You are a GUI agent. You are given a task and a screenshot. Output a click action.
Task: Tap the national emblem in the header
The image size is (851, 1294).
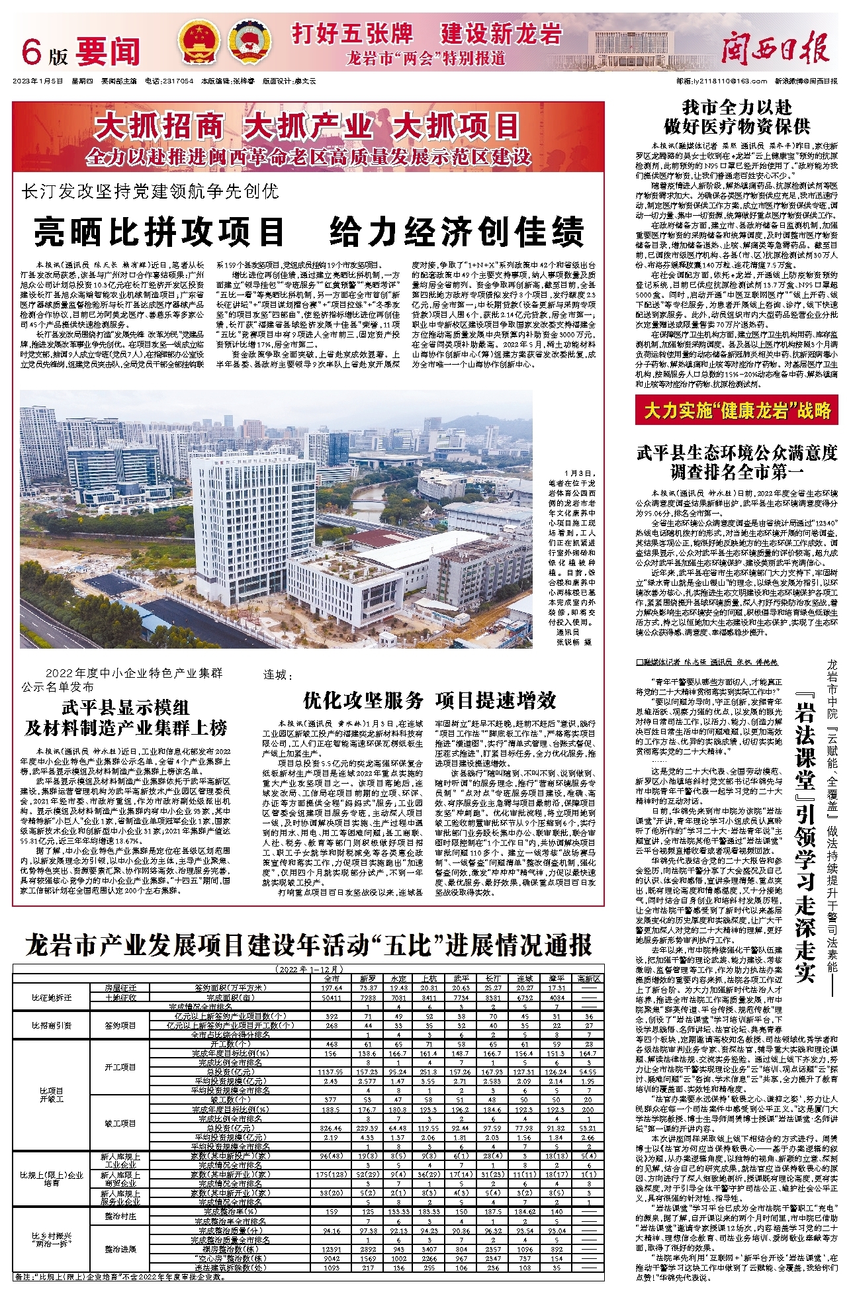[x=201, y=42]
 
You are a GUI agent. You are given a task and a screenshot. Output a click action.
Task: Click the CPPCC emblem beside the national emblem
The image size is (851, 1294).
[x=247, y=42]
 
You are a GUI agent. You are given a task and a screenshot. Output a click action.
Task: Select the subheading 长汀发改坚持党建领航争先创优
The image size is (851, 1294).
[x=150, y=192]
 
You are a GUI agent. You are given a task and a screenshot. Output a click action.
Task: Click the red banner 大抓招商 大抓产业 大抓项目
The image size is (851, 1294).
[x=308, y=126]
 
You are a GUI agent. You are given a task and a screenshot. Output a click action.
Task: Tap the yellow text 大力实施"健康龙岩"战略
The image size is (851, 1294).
[x=737, y=411]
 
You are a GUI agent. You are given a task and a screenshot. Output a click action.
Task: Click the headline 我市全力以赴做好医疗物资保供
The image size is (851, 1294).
[x=737, y=116]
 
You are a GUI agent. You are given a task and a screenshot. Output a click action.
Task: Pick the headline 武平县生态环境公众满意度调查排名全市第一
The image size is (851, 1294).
[x=737, y=462]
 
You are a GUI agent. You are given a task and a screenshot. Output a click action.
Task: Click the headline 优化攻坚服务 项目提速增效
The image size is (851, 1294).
[x=429, y=700]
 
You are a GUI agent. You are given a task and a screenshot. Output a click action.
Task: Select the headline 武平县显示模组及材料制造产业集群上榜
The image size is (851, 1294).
[x=126, y=717]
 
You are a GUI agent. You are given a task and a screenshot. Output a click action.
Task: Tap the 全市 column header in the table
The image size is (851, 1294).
[x=332, y=978]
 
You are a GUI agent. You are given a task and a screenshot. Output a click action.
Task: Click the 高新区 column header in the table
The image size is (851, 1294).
[x=588, y=978]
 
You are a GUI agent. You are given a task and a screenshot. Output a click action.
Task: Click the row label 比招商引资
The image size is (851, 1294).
[x=52, y=1025]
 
